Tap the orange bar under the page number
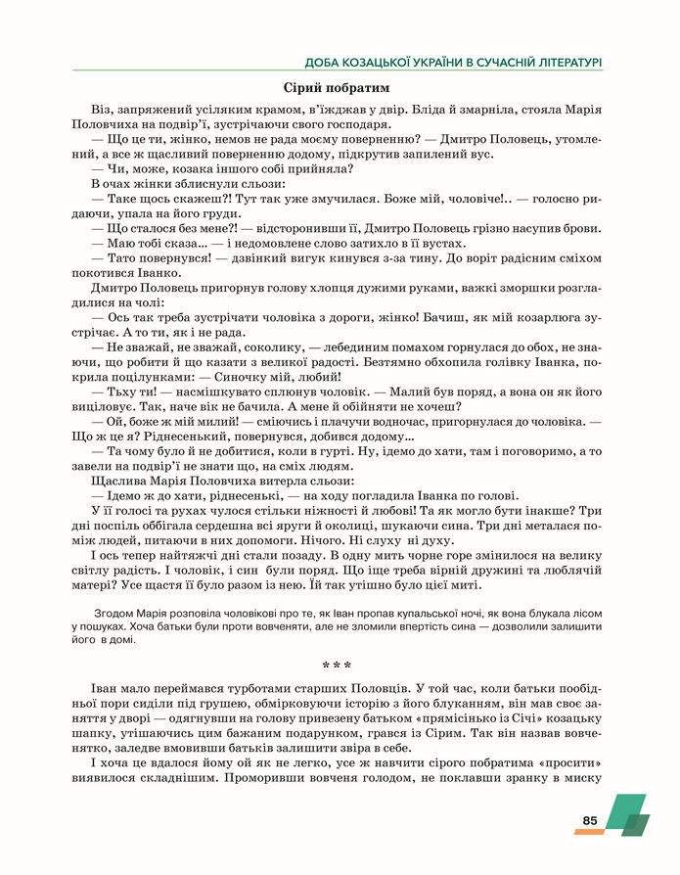click(x=589, y=832)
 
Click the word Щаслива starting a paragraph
click(x=115, y=481)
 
